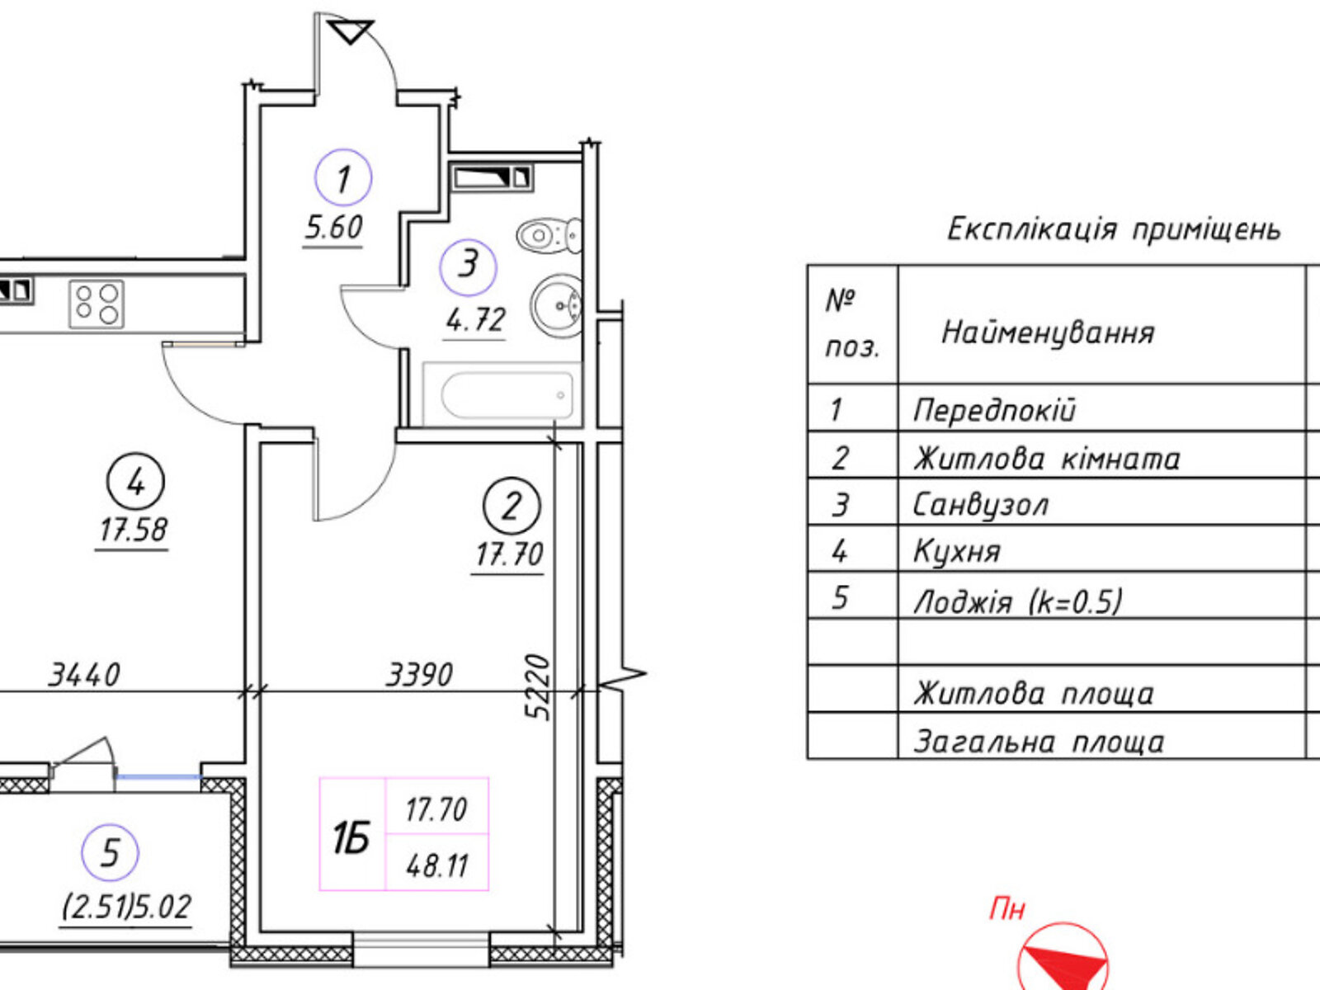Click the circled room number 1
click(342, 177)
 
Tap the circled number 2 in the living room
click(511, 506)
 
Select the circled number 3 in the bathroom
click(468, 266)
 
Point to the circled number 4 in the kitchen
click(135, 482)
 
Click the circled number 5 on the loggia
click(110, 851)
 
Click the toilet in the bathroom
click(549, 234)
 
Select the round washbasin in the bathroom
click(556, 305)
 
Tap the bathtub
click(502, 394)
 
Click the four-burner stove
click(97, 304)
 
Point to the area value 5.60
click(334, 228)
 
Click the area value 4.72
click(475, 320)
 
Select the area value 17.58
click(133, 530)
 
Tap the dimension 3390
click(418, 674)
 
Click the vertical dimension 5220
click(538, 686)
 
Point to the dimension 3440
click(83, 674)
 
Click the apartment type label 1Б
click(351, 838)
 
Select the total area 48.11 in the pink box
click(437, 866)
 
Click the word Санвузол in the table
click(979, 505)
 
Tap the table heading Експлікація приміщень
click(1114, 229)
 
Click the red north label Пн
click(1006, 909)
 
